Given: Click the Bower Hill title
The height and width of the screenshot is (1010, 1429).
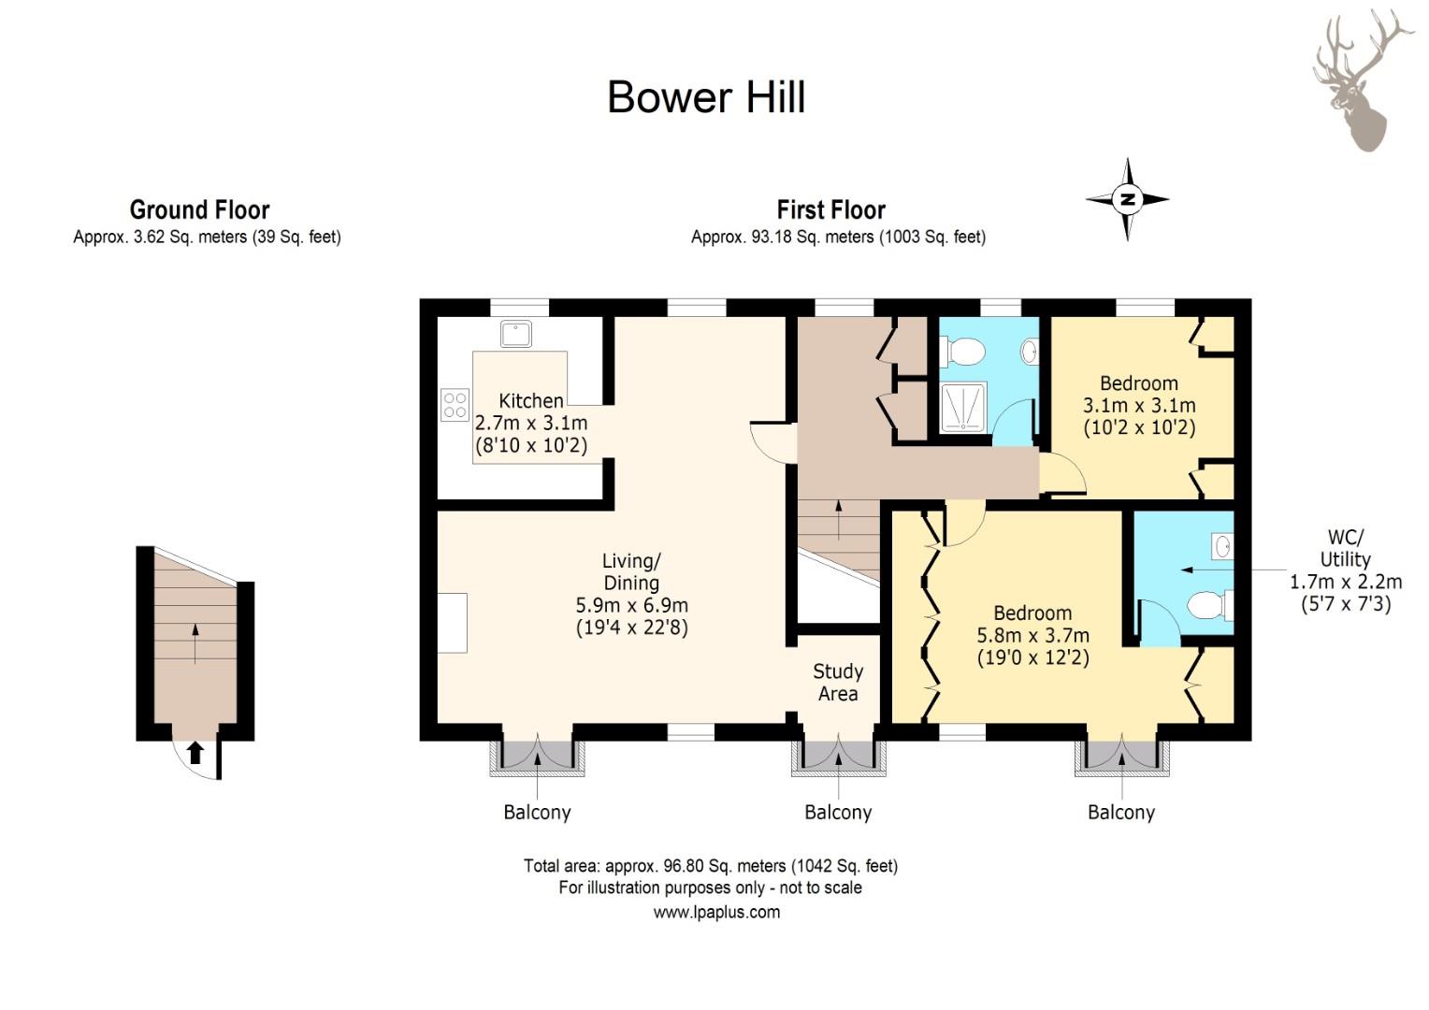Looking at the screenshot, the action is click(x=706, y=97).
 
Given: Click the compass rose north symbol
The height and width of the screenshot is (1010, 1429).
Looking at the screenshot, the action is click(x=1127, y=199).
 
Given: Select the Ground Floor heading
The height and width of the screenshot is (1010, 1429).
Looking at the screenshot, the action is click(x=200, y=209).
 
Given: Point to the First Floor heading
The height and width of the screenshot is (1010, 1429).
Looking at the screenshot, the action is click(x=830, y=209).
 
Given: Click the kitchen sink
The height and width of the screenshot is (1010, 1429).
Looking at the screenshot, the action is click(x=515, y=333).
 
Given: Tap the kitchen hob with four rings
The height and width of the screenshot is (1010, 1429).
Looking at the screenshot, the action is click(x=455, y=405).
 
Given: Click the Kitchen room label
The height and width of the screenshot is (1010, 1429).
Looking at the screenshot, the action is click(x=531, y=400).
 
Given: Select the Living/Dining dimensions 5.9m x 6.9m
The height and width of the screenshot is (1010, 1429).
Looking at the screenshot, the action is click(x=631, y=604).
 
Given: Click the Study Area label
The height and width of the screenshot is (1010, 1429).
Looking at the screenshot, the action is click(x=838, y=682).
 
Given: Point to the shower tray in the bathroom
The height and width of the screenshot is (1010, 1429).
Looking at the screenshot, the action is click(x=963, y=407).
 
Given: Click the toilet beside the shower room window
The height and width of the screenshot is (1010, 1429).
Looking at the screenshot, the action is click(x=962, y=352).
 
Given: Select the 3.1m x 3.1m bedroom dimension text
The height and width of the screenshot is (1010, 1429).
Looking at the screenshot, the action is click(x=1139, y=405).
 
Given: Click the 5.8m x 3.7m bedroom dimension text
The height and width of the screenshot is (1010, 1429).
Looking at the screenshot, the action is click(x=1032, y=636).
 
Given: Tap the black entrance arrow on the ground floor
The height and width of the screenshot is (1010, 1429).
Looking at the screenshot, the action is click(x=195, y=753).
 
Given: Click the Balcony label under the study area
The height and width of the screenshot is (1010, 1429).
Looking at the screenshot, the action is click(x=838, y=813).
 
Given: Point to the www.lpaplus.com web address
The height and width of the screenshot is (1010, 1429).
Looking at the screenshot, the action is click(x=716, y=913).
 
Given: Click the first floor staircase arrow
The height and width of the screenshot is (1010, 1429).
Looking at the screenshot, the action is click(x=838, y=520).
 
